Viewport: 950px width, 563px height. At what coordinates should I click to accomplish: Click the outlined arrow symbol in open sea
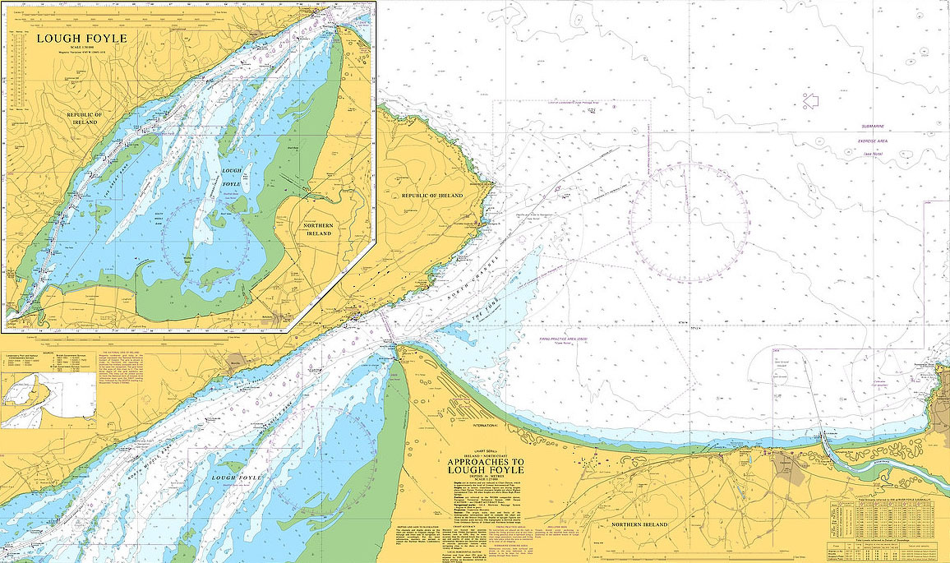click(811, 100)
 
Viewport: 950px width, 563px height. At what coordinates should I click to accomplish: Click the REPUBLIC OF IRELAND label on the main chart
click(432, 196)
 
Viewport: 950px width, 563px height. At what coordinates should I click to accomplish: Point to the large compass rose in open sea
click(689, 222)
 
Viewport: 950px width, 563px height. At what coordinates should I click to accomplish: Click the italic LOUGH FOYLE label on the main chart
click(236, 478)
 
